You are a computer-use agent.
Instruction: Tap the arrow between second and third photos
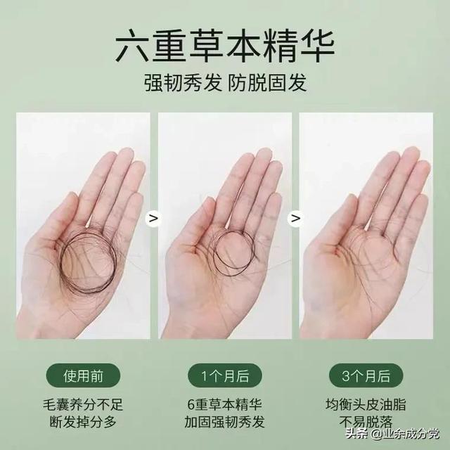pos(296,219)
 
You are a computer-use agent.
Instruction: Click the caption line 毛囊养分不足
pos(82,406)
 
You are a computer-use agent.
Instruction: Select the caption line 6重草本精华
pos(225,406)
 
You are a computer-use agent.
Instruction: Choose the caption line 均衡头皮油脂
pos(367,406)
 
